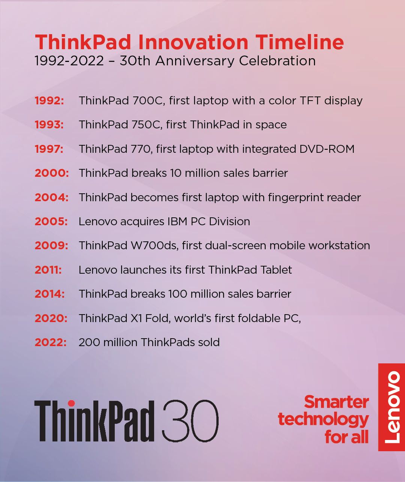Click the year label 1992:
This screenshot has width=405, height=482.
49,101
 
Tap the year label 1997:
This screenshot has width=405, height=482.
49,149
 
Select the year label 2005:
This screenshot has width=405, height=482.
51,221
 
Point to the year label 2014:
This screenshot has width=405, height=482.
49,294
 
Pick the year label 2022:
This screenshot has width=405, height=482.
51,342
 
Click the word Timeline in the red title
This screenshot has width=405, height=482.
300,42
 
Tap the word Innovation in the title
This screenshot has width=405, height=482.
193,42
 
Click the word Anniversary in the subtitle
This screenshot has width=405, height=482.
195,61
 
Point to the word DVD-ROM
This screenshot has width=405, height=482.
327,149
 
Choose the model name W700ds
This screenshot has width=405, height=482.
155,246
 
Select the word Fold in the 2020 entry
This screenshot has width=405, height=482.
158,318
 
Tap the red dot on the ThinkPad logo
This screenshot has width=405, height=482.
72,403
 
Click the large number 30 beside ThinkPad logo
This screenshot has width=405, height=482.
190,420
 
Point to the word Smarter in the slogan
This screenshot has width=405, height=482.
336,402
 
